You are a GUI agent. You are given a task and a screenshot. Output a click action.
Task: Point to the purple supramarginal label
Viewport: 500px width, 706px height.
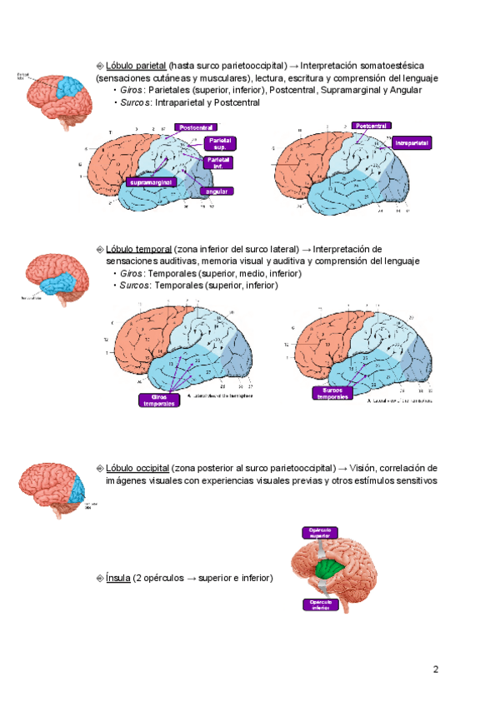click(151, 181)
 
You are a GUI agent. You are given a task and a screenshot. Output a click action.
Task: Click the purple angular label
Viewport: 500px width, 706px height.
click(222, 191)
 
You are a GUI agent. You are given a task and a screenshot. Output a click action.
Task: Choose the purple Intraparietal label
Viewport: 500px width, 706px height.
click(412, 143)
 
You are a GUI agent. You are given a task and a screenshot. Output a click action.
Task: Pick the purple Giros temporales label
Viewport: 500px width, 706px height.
click(158, 400)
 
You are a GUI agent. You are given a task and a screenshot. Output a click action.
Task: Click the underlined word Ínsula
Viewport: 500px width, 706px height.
click(118, 578)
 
